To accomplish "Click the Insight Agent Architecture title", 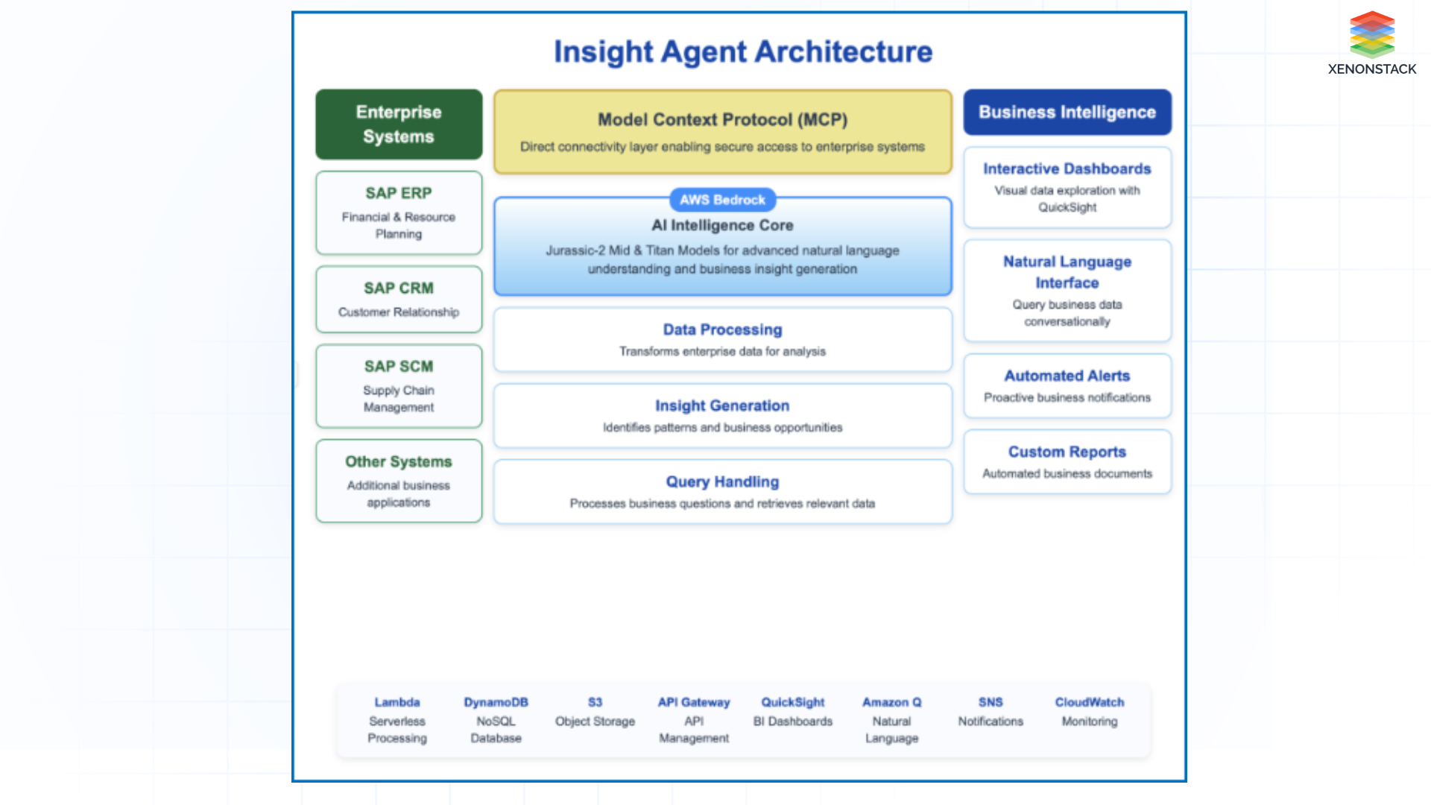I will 742,52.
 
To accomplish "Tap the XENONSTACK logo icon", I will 1371,34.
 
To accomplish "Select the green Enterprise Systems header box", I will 399,124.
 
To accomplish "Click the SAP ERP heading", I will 399,193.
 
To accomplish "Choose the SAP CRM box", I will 399,299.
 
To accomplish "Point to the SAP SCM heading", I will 399,367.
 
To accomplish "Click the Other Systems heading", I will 399,462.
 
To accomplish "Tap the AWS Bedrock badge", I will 722,200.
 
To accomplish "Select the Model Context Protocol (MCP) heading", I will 722,120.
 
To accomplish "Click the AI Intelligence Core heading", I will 722,225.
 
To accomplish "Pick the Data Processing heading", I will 722,329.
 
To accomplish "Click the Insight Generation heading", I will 722,405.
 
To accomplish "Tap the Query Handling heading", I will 722,482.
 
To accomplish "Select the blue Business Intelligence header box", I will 1067,113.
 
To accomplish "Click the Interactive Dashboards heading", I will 1067,169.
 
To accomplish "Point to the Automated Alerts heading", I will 1067,376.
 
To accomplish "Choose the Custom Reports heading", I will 1067,452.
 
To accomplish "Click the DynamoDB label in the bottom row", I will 496,702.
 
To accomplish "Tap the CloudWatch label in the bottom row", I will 1089,702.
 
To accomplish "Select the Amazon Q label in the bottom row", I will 891,702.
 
